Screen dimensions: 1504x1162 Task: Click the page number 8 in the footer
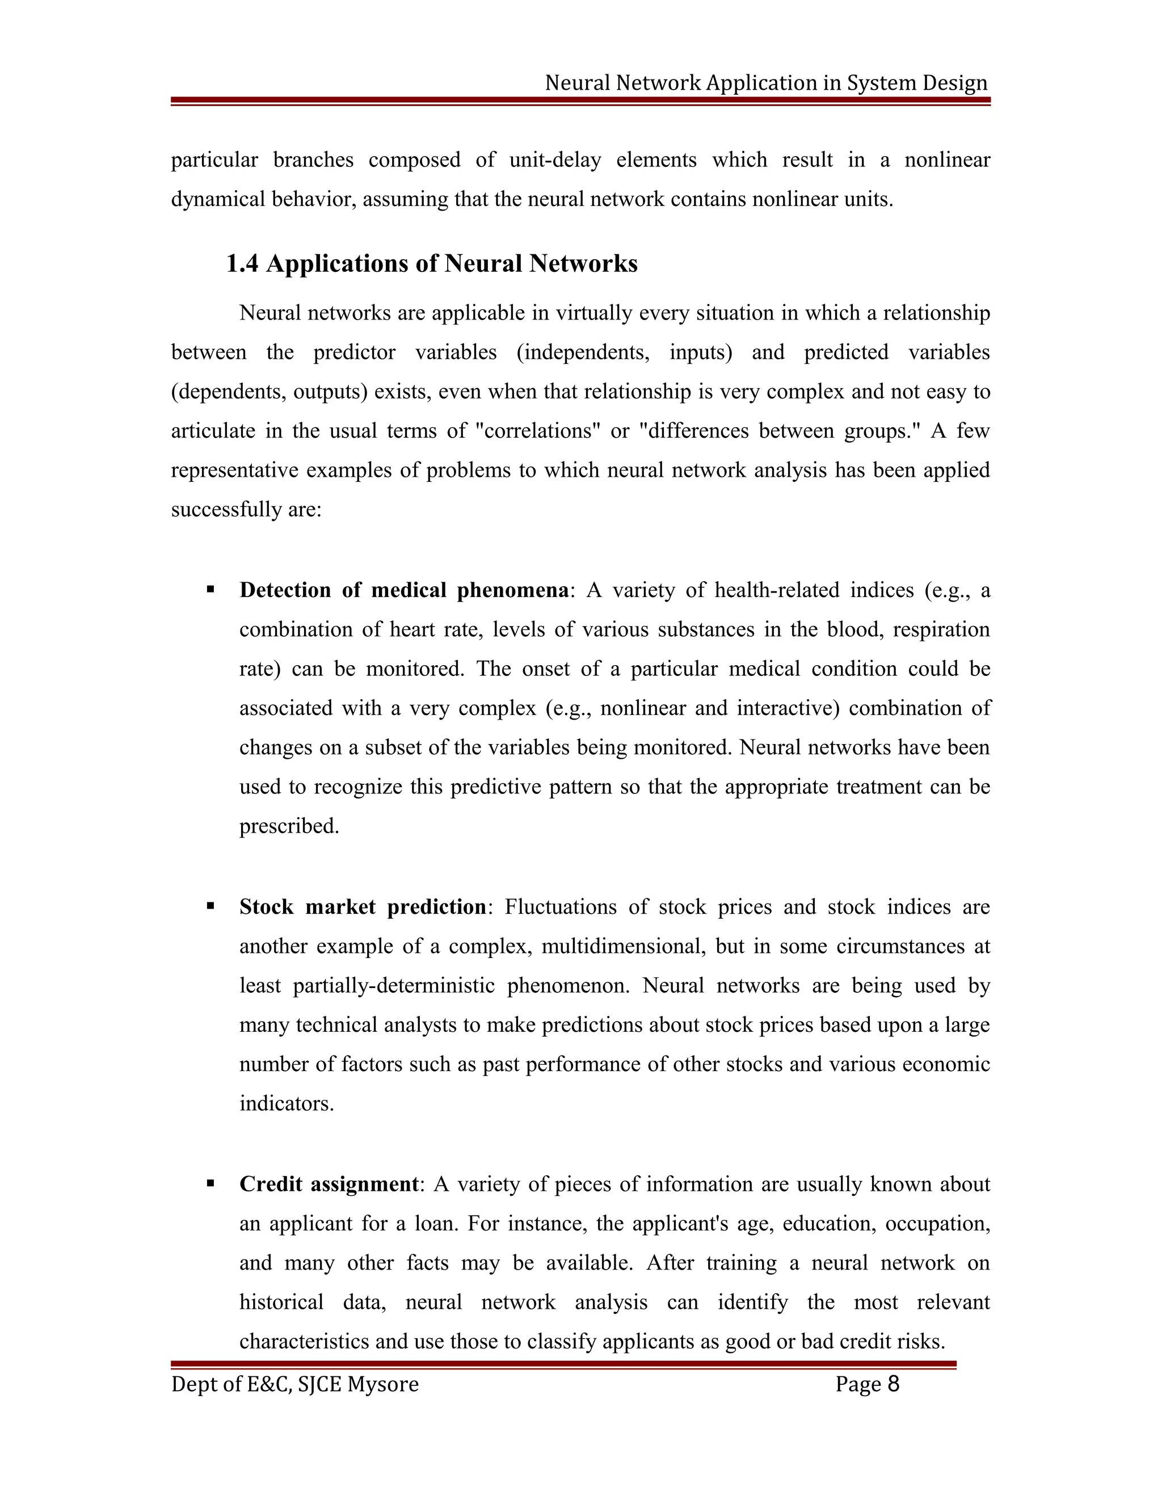pyautogui.click(x=894, y=1384)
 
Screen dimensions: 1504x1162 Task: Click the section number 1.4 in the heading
pyautogui.click(x=242, y=264)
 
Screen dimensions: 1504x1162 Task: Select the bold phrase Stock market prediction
pyautogui.click(x=363, y=907)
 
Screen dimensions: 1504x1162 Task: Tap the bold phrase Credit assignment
pyautogui.click(x=329, y=1184)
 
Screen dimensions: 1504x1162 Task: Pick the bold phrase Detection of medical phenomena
pyautogui.click(x=404, y=590)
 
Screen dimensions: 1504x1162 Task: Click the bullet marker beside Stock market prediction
pyautogui.click(x=210, y=906)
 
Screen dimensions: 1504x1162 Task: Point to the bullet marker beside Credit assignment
pyautogui.click(x=210, y=1183)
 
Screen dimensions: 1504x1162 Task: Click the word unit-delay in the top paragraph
pyautogui.click(x=555, y=160)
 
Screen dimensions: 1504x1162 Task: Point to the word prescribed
pyautogui.click(x=289, y=826)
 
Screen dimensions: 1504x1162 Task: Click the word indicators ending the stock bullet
pyautogui.click(x=287, y=1103)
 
